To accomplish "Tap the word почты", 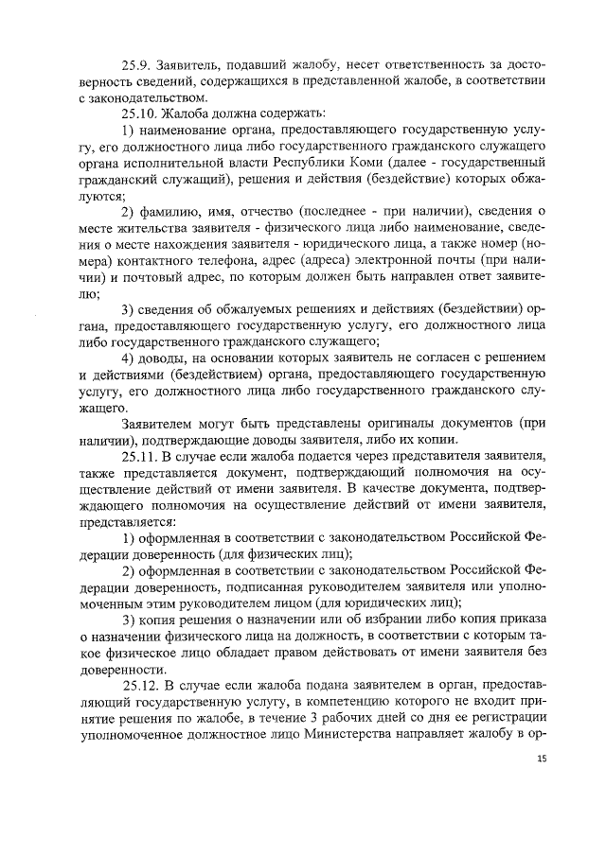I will (x=474, y=261).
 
